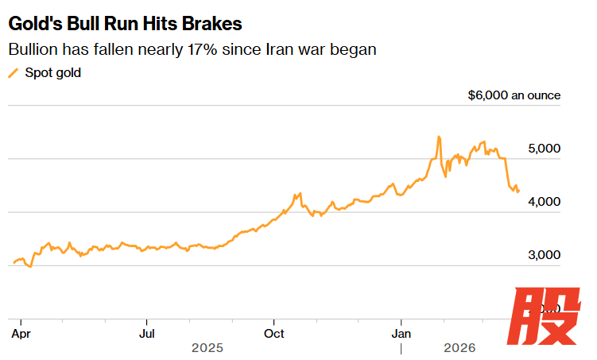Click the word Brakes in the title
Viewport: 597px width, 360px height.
[214, 22]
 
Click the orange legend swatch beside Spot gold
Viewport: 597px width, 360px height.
[13, 73]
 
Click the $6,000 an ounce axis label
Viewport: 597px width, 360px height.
[514, 95]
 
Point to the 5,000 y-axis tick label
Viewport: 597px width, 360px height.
[545, 149]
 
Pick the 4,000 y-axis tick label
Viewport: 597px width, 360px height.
[545, 202]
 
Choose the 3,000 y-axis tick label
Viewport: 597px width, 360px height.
[545, 255]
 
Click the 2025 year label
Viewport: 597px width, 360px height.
[207, 348]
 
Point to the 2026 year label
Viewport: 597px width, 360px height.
[459, 348]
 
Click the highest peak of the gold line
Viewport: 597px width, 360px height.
[438, 137]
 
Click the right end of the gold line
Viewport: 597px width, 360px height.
[519, 191]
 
